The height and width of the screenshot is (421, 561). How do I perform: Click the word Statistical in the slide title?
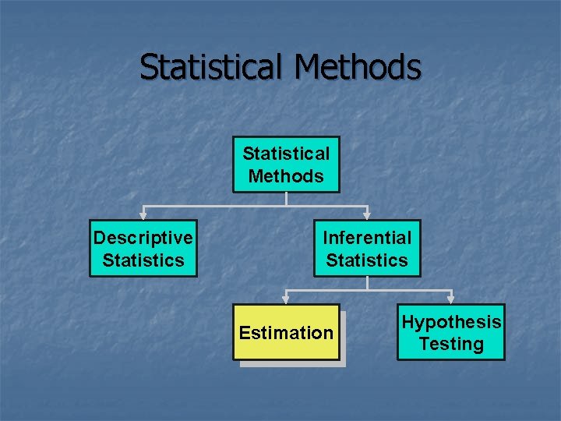213,67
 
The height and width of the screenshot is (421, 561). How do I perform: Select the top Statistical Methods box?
286,165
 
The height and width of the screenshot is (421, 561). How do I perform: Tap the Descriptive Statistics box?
143,249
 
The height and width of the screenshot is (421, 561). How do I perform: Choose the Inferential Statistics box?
367,249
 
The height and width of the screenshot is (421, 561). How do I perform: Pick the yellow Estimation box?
286,332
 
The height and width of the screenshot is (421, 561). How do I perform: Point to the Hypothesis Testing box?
451,332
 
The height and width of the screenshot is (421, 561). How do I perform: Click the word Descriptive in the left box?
143,238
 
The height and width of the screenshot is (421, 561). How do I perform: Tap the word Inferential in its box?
367,238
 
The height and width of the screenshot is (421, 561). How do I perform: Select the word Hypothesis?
451,322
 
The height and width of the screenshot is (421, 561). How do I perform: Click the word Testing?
451,344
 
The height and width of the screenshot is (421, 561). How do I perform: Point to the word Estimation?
286,333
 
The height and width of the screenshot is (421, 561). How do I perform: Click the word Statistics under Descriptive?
143,260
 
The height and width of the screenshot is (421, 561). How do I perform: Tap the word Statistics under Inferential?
367,260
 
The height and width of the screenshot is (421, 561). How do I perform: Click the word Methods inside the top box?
286,176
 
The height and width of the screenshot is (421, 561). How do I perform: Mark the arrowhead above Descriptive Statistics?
143,214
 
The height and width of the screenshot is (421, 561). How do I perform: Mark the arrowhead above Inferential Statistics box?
367,214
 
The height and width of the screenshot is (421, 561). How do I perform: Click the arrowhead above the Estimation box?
286,298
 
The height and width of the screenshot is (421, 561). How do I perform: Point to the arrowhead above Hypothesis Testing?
451,298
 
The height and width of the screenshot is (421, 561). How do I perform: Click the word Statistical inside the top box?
286,154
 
